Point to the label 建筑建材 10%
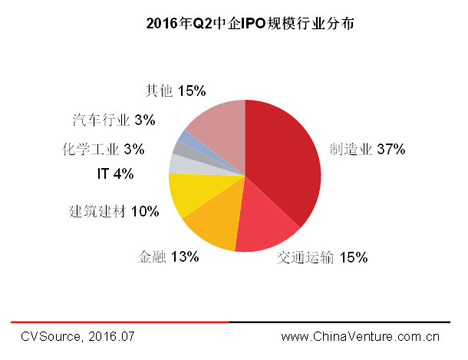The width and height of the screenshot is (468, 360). pos(114,210)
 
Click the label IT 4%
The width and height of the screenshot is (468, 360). pos(115,174)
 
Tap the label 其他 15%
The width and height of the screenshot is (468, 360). pos(175,91)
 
